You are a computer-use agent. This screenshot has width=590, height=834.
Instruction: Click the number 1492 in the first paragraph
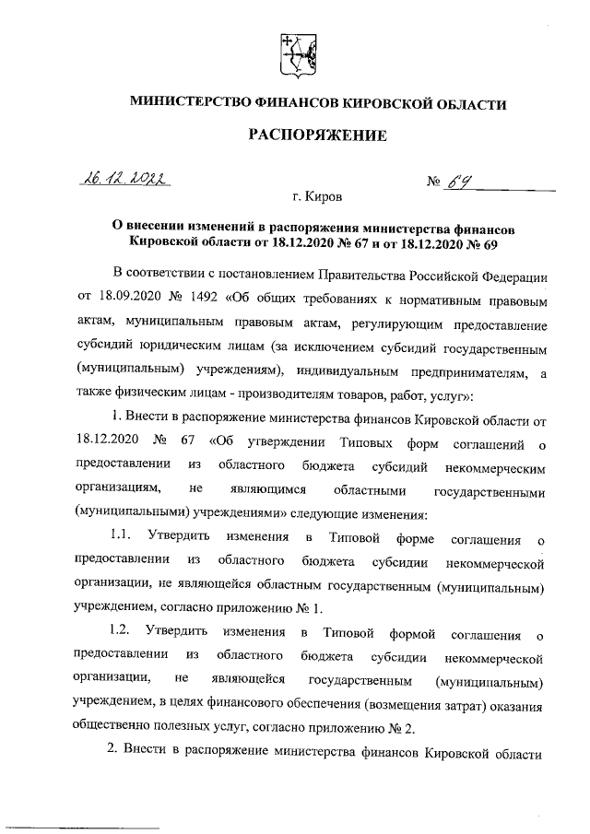(x=202, y=301)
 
